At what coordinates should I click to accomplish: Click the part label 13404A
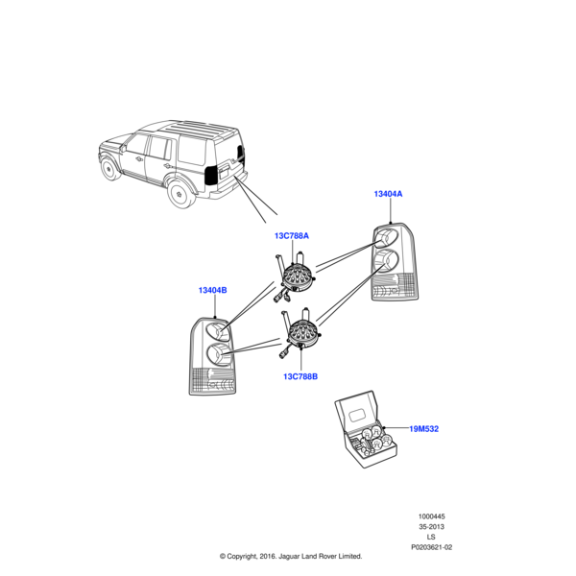(x=388, y=194)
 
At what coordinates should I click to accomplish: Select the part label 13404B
(x=212, y=290)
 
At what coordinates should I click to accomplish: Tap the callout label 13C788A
(x=292, y=235)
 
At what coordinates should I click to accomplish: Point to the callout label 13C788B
(x=300, y=377)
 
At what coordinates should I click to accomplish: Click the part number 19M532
(x=423, y=428)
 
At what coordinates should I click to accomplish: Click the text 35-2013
(x=431, y=528)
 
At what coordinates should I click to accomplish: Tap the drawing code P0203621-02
(x=431, y=547)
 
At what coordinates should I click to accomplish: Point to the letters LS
(x=431, y=538)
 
